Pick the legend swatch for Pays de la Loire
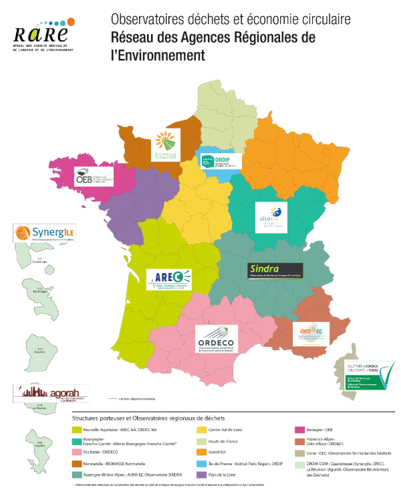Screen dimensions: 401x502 (200, 473)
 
